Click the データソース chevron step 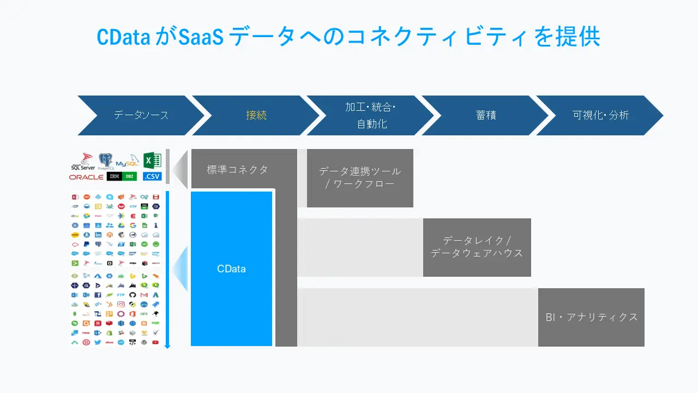click(141, 115)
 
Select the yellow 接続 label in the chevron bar click(256, 115)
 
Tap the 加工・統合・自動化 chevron click(371, 115)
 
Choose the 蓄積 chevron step click(485, 115)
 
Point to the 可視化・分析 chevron click(600, 115)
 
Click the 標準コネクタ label click(238, 170)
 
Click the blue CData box click(231, 269)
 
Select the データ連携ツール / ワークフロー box click(360, 178)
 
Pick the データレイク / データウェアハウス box click(477, 247)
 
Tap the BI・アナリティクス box click(591, 317)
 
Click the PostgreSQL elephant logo click(105, 161)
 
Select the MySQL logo click(127, 163)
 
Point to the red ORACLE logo click(86, 177)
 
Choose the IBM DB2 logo click(122, 177)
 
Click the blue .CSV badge click(152, 177)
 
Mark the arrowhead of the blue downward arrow click(167, 346)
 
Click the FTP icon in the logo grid click(121, 295)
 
